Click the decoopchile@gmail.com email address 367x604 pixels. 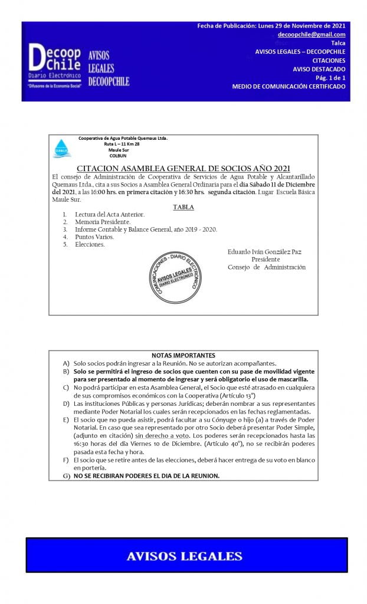point(312,35)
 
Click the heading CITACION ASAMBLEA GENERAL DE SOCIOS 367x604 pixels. point(183,169)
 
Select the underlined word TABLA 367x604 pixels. point(183,207)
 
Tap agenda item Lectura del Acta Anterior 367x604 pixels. point(109,215)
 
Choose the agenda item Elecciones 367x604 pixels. point(90,244)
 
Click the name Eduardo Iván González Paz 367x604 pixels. point(264,252)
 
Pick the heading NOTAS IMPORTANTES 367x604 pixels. point(183,355)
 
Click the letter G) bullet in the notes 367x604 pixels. point(66,475)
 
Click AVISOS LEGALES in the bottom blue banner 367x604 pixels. point(185,556)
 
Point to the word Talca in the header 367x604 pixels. point(338,43)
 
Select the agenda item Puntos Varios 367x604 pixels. point(94,237)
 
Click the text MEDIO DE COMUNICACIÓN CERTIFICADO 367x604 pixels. point(289,86)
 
